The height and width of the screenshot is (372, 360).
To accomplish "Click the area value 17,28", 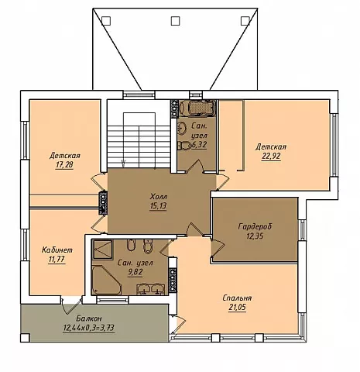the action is coord(64,165).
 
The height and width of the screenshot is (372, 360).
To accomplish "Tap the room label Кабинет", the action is coord(57,250).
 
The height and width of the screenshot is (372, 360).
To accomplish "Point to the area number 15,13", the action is coord(158,206).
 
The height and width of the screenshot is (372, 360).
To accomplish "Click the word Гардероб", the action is coord(255,226).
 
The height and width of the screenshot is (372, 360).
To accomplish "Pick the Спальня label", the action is coord(237,298).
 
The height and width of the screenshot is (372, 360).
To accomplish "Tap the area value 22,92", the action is coord(271,157).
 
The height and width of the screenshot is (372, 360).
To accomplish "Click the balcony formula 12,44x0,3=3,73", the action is coord(89,328).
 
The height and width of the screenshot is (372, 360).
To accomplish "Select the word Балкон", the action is coord(89,318).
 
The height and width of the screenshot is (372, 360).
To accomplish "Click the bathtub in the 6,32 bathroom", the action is coord(197,107).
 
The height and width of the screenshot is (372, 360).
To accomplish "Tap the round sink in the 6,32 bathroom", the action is coord(183,128).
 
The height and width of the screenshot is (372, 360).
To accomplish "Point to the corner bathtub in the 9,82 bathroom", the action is coord(106,280).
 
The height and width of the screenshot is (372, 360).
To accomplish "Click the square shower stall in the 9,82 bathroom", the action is coord(102,250).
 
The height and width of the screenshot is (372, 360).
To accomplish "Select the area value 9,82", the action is coord(135,272).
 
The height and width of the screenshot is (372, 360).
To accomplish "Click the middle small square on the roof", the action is coord(176,21).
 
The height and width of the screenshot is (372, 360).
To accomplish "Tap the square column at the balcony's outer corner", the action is coord(25,338).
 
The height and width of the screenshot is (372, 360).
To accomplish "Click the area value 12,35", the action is coord(255,236).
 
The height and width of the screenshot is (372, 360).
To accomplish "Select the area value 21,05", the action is coord(237,308).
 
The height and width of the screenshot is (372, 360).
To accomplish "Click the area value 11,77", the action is coord(57,260).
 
